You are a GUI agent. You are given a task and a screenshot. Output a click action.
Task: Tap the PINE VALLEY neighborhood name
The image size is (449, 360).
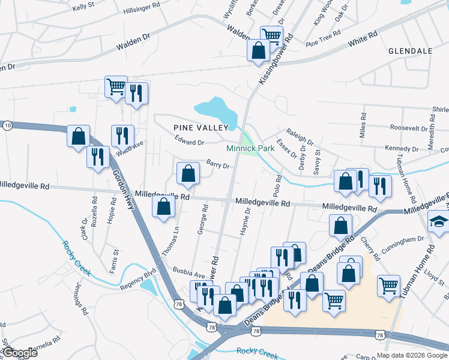201,127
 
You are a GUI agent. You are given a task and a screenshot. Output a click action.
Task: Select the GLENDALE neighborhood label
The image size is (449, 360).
410,51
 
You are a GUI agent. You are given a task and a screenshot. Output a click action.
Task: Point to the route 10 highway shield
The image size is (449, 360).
7,125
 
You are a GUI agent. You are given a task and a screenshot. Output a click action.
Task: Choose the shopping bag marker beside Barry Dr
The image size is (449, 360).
188,173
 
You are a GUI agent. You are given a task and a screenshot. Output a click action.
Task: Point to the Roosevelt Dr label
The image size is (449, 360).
408,128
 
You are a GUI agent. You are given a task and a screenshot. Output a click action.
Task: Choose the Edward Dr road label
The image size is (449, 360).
190,142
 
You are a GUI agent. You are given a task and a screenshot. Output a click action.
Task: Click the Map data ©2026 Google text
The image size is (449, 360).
411,355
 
